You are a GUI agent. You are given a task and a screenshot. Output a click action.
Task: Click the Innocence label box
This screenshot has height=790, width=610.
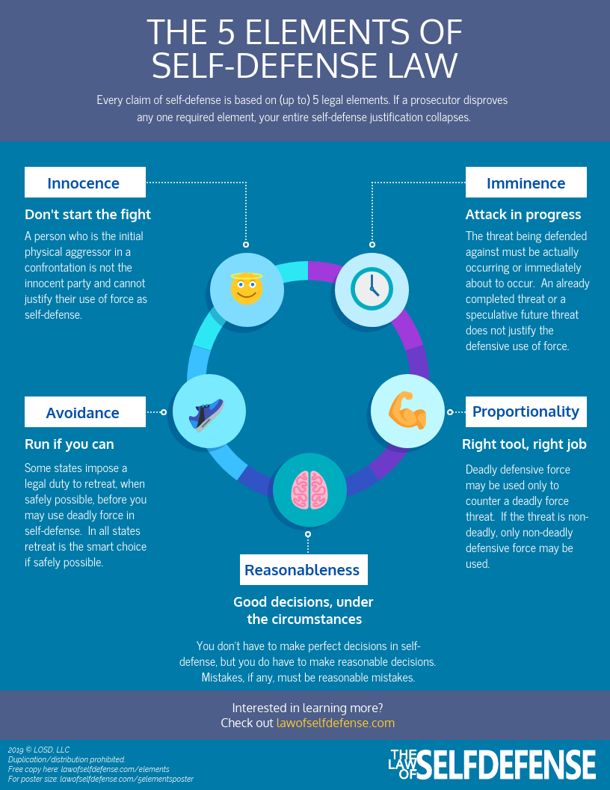[84, 183]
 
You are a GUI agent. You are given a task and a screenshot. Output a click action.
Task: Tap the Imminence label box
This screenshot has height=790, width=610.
[526, 183]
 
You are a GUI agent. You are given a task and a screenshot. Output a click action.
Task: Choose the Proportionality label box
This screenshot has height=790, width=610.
[526, 411]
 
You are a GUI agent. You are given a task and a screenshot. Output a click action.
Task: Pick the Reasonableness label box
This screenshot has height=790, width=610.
[302, 570]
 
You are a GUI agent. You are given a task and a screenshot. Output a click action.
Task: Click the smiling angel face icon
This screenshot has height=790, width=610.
[246, 289]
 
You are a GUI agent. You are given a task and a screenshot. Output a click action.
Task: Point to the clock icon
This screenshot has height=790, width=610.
[372, 288]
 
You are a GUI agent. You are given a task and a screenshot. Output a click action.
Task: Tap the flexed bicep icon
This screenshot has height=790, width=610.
[407, 411]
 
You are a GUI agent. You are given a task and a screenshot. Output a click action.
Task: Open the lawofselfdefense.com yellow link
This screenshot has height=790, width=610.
[335, 723]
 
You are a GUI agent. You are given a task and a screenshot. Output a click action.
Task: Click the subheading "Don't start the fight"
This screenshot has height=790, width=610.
[87, 215]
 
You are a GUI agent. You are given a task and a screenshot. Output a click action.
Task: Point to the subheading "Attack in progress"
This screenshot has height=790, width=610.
[523, 215]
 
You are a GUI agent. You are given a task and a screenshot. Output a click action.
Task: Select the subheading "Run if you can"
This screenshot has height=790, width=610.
[69, 444]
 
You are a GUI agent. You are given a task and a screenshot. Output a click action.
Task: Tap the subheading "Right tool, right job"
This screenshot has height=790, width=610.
[524, 444]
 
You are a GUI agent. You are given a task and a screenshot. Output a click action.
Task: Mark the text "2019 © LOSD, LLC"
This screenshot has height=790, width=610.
[38, 750]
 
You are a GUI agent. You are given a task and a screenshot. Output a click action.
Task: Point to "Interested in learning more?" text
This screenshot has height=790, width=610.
[308, 708]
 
